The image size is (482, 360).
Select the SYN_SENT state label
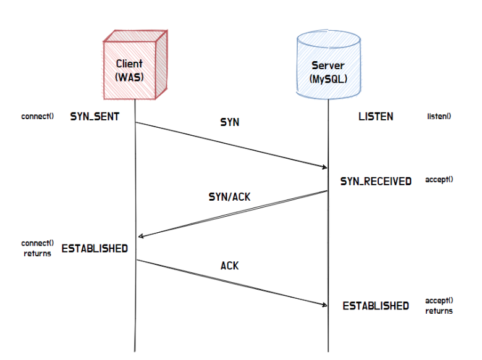tap(95, 116)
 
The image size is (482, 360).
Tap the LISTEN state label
tap(375, 116)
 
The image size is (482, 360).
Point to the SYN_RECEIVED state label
tap(376, 182)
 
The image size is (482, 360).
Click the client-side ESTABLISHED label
tap(95, 248)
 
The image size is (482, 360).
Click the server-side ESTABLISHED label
tap(376, 306)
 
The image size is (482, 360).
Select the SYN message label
tap(230, 123)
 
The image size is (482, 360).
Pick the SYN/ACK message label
tap(230, 198)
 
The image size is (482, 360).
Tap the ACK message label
tap(230, 266)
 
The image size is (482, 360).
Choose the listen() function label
tap(439, 116)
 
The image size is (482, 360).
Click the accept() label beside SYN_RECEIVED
tap(439, 180)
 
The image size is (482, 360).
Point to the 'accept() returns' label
tap(439, 306)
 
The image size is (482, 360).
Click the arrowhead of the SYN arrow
tap(324, 167)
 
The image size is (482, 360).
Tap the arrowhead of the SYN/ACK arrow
tap(141, 237)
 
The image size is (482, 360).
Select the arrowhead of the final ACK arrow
tap(324, 304)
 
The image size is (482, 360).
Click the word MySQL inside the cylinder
tap(328, 79)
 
